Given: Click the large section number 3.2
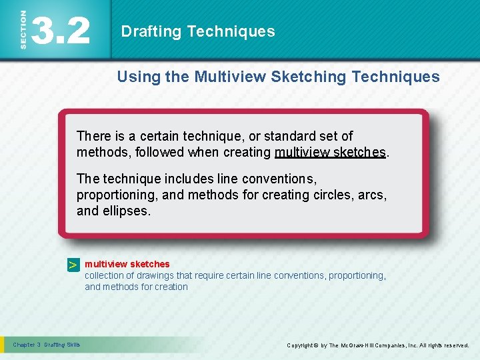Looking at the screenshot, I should [x=61, y=30].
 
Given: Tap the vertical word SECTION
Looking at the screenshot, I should [x=23, y=29].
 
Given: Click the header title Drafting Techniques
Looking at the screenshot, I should [x=197, y=31].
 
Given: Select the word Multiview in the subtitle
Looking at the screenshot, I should [x=230, y=77].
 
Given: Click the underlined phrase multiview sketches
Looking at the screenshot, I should [x=330, y=152].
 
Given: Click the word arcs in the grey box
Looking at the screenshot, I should [x=373, y=195].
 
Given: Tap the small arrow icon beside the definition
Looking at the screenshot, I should [x=73, y=265].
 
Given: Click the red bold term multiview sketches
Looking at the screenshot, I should [x=127, y=264].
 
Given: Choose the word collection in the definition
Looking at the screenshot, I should [x=105, y=275].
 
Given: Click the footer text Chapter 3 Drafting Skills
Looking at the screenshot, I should [x=47, y=345].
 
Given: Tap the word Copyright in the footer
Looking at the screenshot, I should [x=301, y=345].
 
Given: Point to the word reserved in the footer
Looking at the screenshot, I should [x=455, y=345].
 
